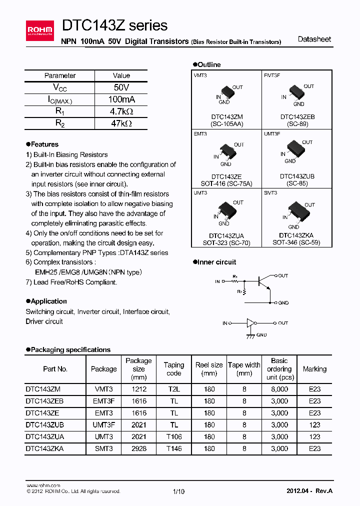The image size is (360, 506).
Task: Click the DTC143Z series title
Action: [114, 25]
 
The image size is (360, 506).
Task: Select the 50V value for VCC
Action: [121, 87]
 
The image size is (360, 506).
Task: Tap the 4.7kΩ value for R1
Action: [121, 111]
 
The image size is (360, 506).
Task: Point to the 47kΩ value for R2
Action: [121, 123]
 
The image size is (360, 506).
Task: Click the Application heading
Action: [46, 301]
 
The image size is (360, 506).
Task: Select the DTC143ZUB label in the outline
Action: [297, 176]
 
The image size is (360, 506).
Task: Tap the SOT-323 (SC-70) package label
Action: [226, 242]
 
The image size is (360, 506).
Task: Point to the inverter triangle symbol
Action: [250, 323]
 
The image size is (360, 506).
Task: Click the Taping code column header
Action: [174, 369]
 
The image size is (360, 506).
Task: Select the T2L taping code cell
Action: [174, 389]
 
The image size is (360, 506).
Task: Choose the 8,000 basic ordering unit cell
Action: [279, 389]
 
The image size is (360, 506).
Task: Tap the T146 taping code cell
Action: [174, 449]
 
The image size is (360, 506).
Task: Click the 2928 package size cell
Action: [138, 449]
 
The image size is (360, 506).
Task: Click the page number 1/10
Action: [178, 491]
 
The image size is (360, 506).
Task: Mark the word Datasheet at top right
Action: [314, 39]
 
